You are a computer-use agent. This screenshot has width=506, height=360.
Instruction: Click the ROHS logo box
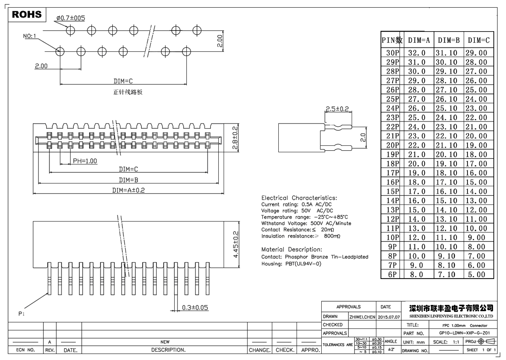27,15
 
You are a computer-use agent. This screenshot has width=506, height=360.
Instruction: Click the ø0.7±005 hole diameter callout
70,18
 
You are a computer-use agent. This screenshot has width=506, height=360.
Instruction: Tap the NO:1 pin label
30,36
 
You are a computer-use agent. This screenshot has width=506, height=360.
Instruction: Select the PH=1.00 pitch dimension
85,161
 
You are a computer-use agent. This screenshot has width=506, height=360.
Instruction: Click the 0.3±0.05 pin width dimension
195,308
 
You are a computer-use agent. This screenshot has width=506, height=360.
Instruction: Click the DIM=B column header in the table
448,40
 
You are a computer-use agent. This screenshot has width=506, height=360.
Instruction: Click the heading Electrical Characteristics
299,198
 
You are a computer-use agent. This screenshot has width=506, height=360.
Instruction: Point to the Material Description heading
292,249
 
